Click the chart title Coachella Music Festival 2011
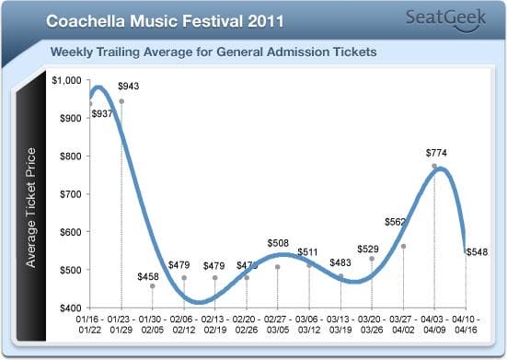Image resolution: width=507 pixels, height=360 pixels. point(165,18)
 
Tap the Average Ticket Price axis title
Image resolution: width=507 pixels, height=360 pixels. point(31,206)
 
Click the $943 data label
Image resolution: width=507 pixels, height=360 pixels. point(129,86)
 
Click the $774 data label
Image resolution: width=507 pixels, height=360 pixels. point(435,152)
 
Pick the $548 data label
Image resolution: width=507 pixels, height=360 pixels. point(477,251)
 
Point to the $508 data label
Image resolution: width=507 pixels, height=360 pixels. point(278,243)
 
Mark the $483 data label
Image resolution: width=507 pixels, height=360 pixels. point(341,263)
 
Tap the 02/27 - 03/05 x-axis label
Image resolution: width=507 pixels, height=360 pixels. point(278,324)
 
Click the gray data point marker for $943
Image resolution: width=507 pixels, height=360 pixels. point(121,101)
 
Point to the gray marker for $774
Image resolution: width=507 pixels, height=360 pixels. point(434,166)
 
